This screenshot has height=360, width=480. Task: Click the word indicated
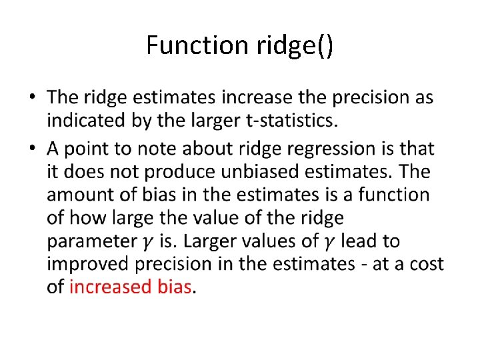coord(88,121)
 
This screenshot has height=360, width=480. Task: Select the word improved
coord(89,264)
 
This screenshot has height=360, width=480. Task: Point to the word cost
coord(427,264)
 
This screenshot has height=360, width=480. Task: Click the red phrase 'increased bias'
coord(130,287)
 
